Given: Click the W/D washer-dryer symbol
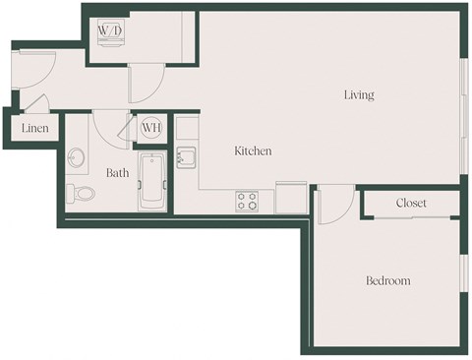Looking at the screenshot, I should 108,30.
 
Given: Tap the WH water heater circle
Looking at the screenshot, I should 151,127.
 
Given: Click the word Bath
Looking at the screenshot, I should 118,173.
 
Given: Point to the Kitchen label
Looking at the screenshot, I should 253,151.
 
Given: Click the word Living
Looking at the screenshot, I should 359,95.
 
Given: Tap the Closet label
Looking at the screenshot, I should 411,203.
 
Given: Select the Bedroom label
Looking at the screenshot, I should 387,281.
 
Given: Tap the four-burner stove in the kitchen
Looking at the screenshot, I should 247,201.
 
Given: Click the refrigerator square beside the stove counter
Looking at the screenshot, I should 291,197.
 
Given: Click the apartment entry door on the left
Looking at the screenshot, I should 29,74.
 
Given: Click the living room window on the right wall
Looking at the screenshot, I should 462,113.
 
